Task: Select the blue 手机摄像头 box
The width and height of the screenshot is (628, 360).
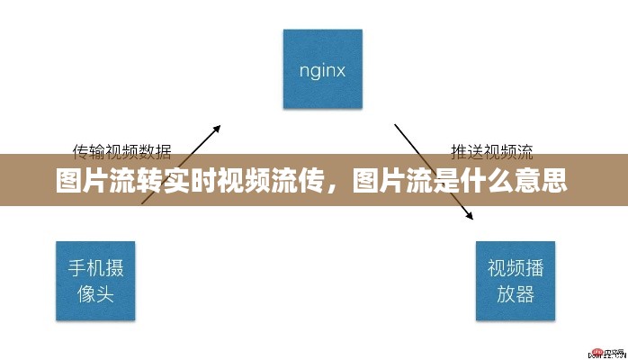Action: pos(95,281)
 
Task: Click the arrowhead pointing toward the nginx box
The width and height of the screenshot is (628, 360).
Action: pos(217,130)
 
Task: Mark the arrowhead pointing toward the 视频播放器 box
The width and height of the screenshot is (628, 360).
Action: pos(470,217)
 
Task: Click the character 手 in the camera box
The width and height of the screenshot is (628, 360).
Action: pos(77,268)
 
